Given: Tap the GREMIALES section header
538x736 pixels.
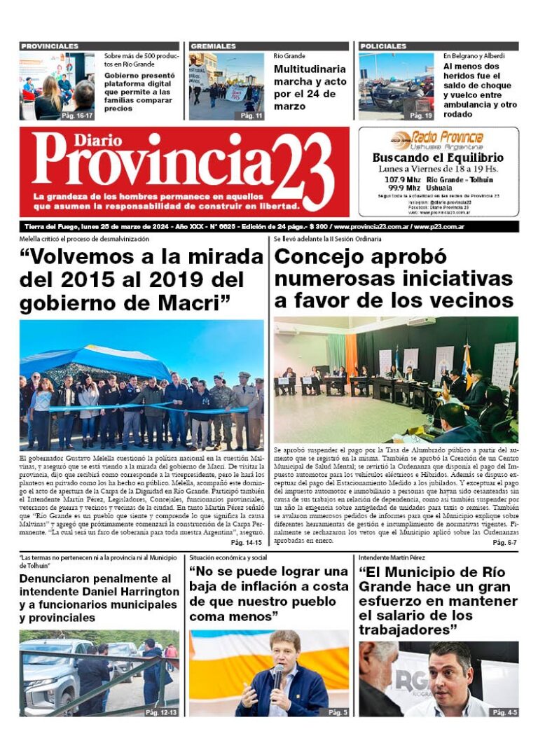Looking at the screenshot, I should coord(213,46).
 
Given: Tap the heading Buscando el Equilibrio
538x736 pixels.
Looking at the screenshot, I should coord(438,158).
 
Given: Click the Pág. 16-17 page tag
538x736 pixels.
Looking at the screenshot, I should coord(77,115).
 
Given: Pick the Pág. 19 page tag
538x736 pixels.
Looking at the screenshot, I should coord(420,115).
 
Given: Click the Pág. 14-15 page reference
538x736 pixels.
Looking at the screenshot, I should coord(246,543).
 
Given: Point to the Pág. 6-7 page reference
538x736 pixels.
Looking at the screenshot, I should coord(504,543).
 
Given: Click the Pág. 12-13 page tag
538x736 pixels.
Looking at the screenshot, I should coord(161,712).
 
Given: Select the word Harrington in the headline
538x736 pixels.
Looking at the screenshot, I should coord(141,591).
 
